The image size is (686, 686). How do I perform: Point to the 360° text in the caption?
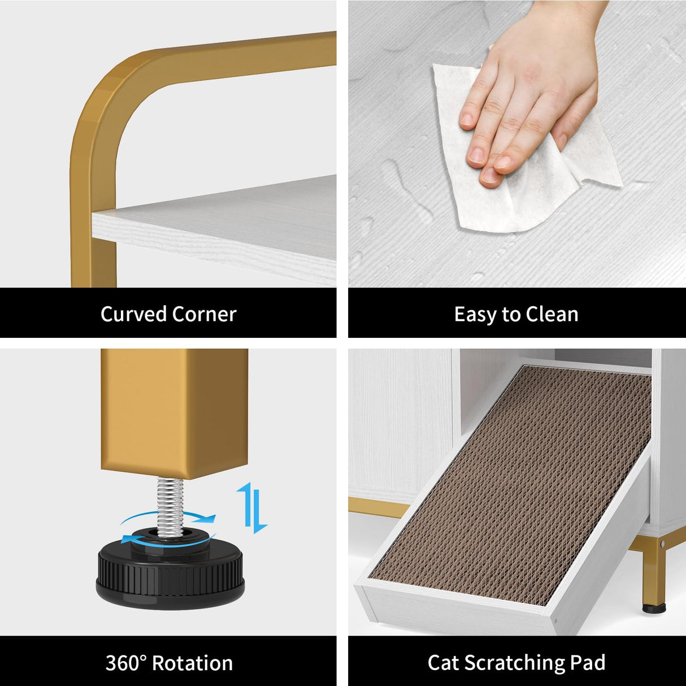(x=126, y=663)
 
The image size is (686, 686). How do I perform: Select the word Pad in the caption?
(x=588, y=662)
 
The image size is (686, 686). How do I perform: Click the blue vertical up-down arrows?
(x=251, y=507)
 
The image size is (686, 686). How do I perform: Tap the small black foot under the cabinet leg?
(x=654, y=608)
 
